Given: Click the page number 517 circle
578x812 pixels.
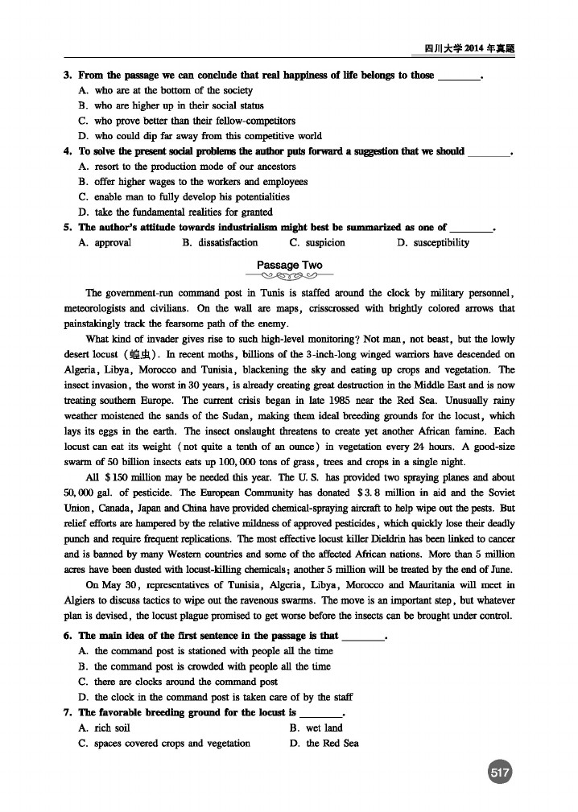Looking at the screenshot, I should pos(501,773).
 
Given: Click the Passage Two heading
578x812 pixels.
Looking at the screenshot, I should pos(290,265).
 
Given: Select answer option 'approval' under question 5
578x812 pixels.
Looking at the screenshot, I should pos(112,242).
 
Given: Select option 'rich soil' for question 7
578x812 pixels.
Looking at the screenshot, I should pos(113,728).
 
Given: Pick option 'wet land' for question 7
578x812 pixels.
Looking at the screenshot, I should pos(324,728).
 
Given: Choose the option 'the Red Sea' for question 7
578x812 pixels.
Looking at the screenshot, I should pos(332,743).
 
